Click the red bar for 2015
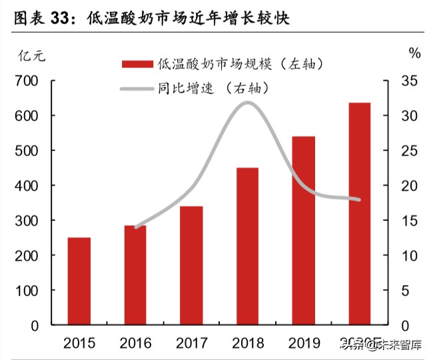[x=79, y=281]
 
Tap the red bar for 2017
[x=191, y=266]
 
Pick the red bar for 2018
[x=248, y=246]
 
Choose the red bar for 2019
[x=304, y=230]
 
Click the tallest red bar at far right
[x=360, y=214]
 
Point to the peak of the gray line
[x=248, y=102]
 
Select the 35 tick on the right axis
[x=409, y=81]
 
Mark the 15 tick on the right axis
[x=409, y=221]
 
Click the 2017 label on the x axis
[x=191, y=343]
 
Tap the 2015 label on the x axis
[x=79, y=343]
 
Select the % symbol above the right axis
[x=414, y=54]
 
